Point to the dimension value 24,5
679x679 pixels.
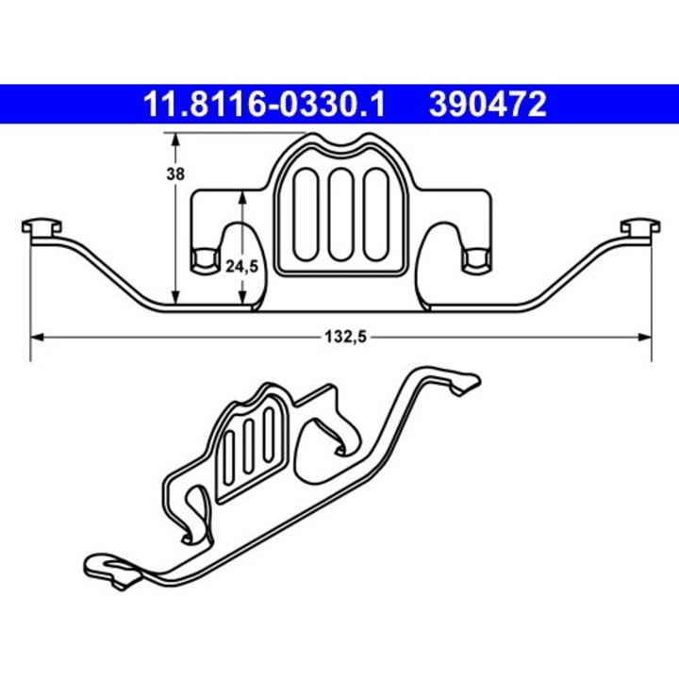coord(243,267)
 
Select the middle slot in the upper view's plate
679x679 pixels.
coord(341,213)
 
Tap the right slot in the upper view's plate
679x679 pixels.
coord(375,213)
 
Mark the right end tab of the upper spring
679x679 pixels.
coord(638,229)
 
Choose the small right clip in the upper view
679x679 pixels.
coord(476,257)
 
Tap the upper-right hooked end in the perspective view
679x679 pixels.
coord(464,382)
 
